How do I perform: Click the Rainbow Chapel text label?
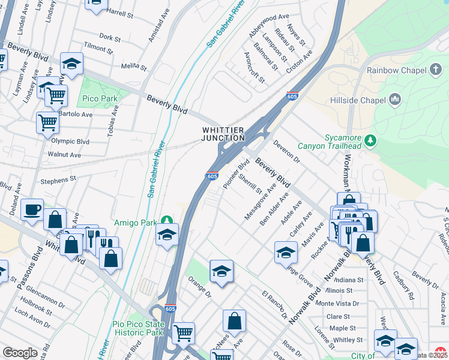pyautogui.click(x=396, y=70)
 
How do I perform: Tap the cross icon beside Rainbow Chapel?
pyautogui.click(x=437, y=70)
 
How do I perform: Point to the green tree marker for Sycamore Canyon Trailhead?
pyautogui.click(x=371, y=141)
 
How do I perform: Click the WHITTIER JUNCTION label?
pyautogui.click(x=222, y=134)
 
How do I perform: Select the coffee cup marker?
pyautogui.click(x=32, y=210)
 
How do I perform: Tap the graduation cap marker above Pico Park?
pyautogui.click(x=71, y=64)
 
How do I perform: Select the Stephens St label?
pyautogui.click(x=58, y=179)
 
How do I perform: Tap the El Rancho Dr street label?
pyautogui.click(x=274, y=305)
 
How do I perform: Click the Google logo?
pyautogui.click(x=20, y=353)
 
